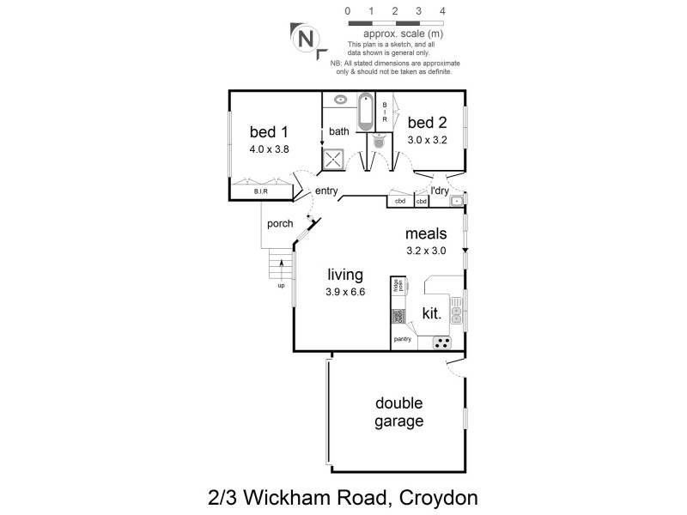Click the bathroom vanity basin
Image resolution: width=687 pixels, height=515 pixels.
[x=340, y=100]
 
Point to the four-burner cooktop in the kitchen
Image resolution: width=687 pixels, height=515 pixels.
[x=442, y=342]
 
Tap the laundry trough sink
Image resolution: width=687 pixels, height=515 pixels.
[x=457, y=202]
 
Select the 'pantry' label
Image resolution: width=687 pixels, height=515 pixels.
[x=403, y=340]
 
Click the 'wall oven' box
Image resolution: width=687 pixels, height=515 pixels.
[x=398, y=315]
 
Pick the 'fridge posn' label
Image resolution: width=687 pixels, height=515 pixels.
[x=398, y=287]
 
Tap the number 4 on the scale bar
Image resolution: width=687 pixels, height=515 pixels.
[x=442, y=11]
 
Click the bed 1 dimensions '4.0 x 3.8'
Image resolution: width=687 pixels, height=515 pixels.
[x=269, y=148]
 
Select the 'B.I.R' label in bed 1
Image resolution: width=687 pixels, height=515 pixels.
[x=260, y=193]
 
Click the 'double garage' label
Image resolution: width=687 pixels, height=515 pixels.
[x=399, y=412]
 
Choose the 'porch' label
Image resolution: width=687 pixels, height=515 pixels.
[x=280, y=224]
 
